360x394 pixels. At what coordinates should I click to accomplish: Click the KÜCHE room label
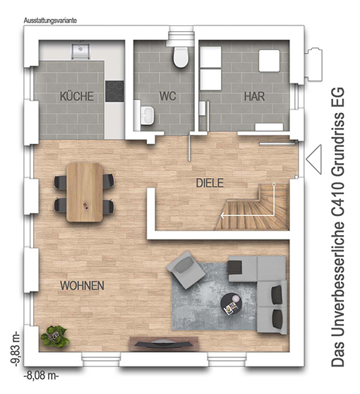click(x=77, y=96)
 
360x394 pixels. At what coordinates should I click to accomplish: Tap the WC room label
click(x=167, y=96)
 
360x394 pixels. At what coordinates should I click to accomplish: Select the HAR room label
click(x=254, y=97)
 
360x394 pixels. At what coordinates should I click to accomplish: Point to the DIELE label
click(x=210, y=183)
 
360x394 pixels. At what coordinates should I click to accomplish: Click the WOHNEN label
click(x=82, y=286)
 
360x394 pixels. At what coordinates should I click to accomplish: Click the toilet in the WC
click(x=181, y=56)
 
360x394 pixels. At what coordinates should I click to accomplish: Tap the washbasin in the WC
click(x=148, y=115)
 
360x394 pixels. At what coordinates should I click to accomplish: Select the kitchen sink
click(x=80, y=52)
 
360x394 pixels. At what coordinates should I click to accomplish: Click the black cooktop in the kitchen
click(x=114, y=91)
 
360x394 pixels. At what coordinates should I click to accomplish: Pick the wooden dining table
click(x=85, y=192)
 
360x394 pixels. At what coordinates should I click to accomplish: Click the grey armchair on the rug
click(x=186, y=270)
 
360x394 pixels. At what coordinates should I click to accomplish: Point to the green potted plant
click(x=55, y=337)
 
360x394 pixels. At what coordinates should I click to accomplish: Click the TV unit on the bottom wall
click(x=164, y=343)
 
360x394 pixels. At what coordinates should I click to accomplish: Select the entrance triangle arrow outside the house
click(x=314, y=159)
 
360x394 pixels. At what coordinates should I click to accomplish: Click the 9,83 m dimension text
click(x=15, y=350)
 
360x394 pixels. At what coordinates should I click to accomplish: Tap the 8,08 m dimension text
click(x=41, y=376)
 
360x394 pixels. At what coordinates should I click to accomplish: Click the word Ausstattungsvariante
click(x=50, y=20)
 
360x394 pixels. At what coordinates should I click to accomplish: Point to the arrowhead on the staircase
click(x=222, y=215)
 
